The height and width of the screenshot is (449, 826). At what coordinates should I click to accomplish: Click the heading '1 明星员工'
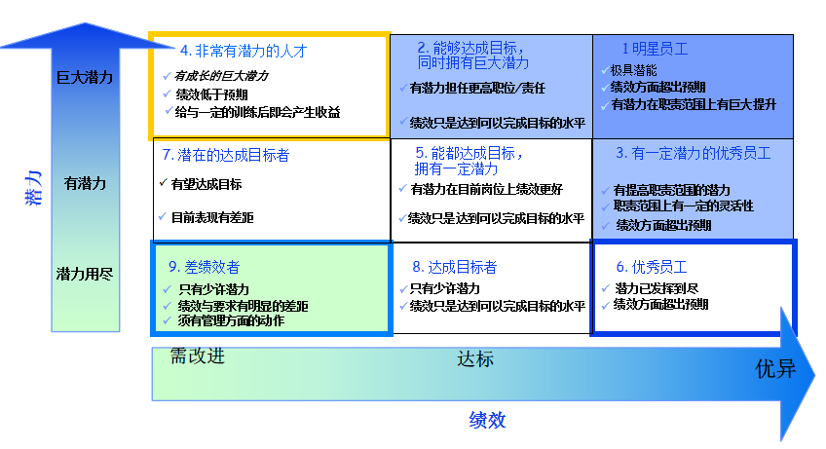coord(655,49)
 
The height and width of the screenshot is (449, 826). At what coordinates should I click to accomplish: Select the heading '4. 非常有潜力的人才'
coord(244,51)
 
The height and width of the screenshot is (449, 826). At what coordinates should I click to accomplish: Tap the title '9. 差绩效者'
coord(204,267)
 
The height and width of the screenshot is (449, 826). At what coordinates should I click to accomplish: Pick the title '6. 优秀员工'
coord(652,267)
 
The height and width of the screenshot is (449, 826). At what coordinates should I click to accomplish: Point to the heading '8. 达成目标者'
coord(455,267)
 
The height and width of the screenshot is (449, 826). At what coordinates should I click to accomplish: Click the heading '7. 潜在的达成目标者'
coord(226,155)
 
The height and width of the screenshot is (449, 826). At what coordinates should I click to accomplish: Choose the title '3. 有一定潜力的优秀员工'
coord(694,153)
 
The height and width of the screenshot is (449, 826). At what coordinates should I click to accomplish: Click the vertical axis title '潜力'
coord(33,188)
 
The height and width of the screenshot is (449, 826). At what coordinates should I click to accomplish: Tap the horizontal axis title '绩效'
coord(487,420)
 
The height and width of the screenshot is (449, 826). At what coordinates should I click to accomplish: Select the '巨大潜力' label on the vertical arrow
coord(85,78)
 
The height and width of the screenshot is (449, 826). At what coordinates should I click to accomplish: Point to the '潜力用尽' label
coord(85,274)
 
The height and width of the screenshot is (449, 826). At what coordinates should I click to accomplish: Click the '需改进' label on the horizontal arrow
coord(198,356)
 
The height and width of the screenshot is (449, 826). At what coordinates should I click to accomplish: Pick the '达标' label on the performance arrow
coord(475,358)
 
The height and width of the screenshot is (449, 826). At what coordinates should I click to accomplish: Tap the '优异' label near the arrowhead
coord(775,369)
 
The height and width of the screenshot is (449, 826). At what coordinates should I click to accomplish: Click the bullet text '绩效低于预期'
coord(211,94)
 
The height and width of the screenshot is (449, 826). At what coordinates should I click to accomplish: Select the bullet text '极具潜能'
coord(634,70)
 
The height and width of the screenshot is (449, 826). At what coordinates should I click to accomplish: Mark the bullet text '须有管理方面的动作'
coord(231,320)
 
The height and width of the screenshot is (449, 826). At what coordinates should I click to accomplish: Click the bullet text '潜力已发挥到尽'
coord(657,288)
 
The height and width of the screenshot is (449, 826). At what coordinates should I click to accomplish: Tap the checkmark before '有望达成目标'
coord(164,183)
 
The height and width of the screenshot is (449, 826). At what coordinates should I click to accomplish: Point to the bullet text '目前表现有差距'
coord(212,217)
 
